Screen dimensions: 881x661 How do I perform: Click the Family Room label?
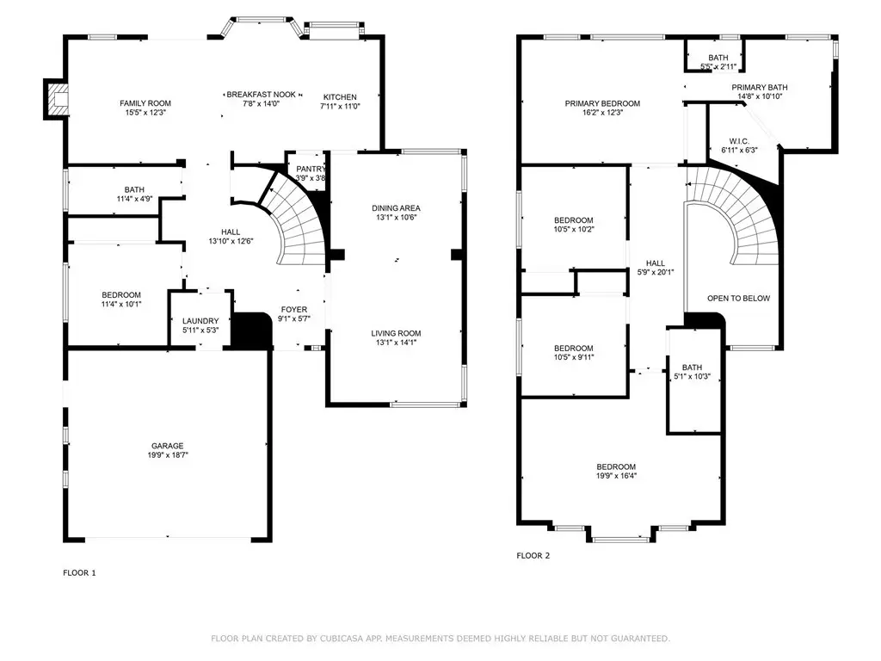click(145, 103)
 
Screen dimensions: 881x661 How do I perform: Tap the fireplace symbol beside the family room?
click(56, 99)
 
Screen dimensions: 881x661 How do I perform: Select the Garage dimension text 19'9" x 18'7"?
click(168, 455)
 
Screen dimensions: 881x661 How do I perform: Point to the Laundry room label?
click(200, 321)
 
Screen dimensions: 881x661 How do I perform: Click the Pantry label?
click(310, 170)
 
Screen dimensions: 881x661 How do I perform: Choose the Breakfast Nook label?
click(262, 95)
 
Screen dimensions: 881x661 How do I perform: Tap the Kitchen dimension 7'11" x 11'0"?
click(340, 106)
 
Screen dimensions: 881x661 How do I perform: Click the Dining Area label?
click(396, 208)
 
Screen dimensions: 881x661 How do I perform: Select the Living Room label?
click(396, 333)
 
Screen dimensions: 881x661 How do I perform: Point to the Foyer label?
click(294, 309)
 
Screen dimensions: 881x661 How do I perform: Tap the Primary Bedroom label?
click(602, 103)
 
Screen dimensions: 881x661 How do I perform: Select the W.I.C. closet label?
click(739, 141)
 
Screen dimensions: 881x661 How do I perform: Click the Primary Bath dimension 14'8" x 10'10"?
click(760, 96)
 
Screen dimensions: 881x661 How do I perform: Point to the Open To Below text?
click(738, 299)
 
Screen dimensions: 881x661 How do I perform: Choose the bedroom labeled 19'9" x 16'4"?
click(616, 471)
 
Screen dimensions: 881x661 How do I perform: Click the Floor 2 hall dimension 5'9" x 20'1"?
click(655, 272)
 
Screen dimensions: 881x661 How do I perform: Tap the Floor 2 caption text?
click(533, 555)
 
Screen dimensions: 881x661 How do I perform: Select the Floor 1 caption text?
click(79, 572)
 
